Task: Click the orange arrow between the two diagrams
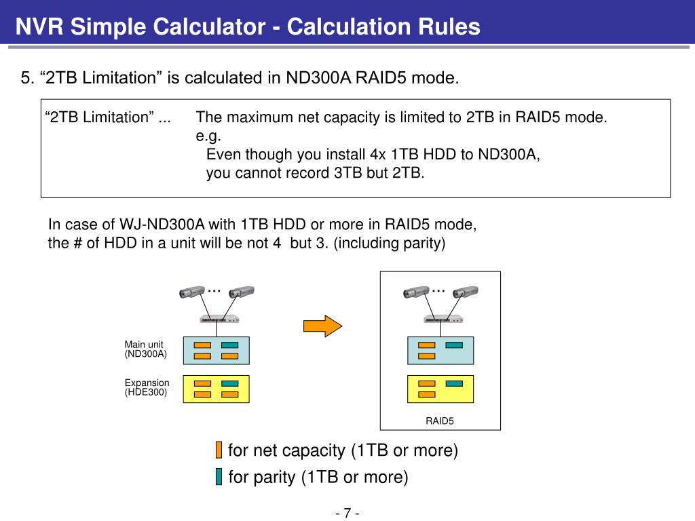point(322,326)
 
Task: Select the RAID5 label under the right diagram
point(439,421)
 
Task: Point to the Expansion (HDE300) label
point(147,387)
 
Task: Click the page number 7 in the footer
point(347,512)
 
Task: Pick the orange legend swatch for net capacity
point(219,450)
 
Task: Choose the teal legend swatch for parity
point(219,477)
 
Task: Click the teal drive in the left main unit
point(230,345)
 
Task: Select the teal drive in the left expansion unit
point(230,383)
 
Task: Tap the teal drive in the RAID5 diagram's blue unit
point(454,345)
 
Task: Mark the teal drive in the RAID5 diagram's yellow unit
point(454,383)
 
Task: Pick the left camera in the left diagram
point(191,293)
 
